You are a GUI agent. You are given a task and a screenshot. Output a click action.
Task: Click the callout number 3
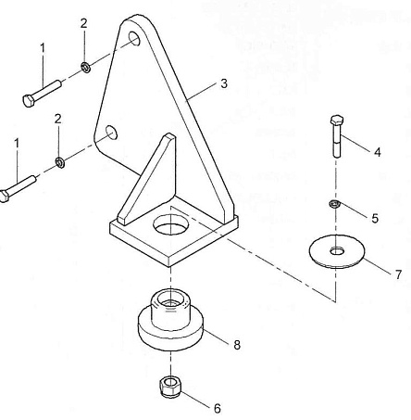click(224, 83)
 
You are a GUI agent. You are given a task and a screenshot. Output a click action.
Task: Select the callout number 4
click(378, 152)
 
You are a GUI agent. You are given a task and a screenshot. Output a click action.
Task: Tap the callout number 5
click(375, 218)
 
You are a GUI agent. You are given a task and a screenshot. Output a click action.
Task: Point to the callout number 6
click(218, 409)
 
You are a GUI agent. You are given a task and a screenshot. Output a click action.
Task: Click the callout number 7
click(398, 274)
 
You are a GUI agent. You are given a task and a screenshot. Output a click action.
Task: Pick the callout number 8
click(237, 345)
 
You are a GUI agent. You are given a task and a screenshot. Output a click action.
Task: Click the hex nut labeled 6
click(169, 387)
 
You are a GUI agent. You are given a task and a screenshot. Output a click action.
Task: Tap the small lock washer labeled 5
click(335, 204)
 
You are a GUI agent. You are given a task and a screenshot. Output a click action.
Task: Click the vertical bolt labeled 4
click(337, 136)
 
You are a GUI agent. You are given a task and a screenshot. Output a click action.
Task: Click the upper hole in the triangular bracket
click(134, 38)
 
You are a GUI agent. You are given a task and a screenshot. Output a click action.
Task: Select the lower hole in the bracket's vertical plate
click(111, 133)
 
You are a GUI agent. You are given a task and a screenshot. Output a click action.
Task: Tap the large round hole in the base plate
click(168, 224)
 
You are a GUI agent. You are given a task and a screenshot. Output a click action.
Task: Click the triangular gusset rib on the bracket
click(146, 179)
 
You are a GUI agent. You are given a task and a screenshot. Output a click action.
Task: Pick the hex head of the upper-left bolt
click(29, 100)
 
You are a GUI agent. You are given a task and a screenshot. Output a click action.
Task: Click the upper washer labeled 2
click(85, 67)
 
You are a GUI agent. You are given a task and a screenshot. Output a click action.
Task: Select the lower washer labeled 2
click(59, 162)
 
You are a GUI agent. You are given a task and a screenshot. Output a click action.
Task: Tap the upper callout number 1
click(43, 48)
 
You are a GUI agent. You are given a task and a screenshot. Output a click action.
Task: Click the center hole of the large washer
click(337, 251)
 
